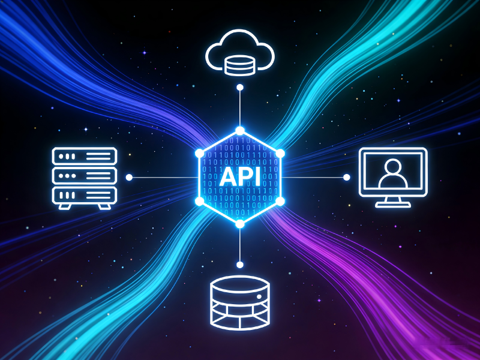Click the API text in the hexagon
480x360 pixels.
point(240,178)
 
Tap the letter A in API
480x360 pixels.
point(227,178)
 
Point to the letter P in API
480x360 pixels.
point(242,178)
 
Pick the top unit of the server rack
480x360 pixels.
point(84,157)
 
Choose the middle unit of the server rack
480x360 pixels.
point(84,176)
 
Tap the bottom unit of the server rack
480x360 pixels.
point(84,195)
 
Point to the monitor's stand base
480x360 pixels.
point(393,205)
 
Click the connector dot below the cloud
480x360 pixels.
point(240,88)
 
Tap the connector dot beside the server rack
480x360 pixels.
point(129,178)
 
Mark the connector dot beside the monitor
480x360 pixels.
point(346,177)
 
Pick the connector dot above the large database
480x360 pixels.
point(240,265)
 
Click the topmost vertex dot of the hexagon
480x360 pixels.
point(240,130)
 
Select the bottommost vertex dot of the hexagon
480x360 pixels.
point(240,224)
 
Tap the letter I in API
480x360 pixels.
point(256,178)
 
